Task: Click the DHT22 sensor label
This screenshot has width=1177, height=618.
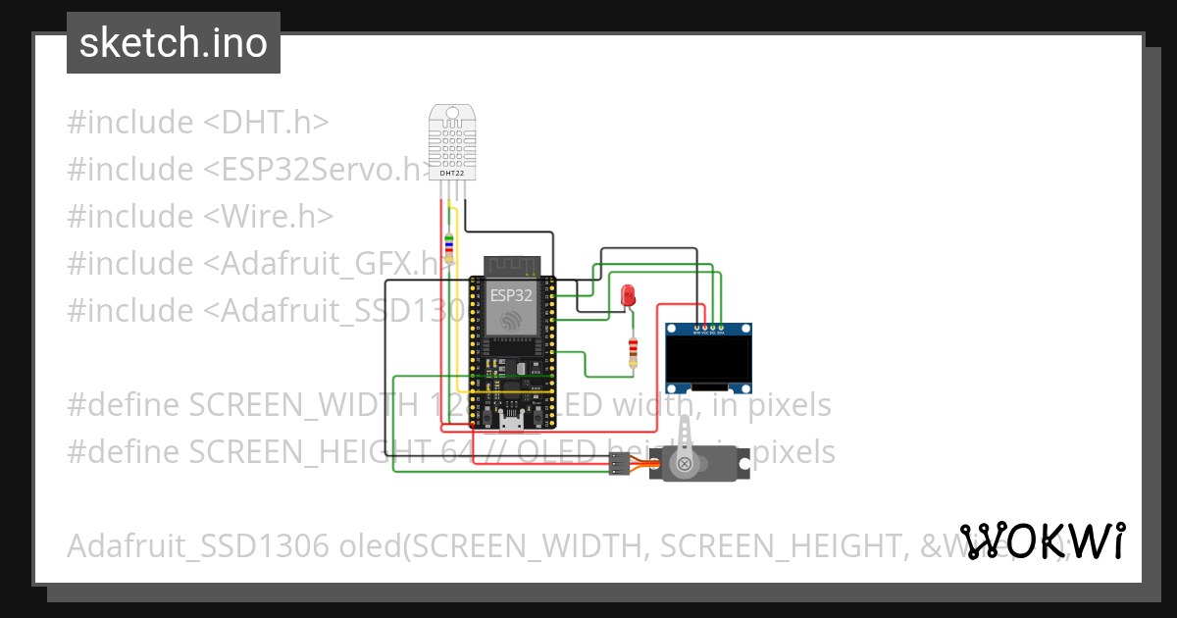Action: point(452,174)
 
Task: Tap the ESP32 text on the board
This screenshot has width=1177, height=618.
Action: point(511,294)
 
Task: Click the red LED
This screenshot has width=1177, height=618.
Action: point(628,292)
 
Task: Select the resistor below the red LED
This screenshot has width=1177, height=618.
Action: point(633,351)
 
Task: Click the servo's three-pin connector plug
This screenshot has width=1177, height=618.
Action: point(618,464)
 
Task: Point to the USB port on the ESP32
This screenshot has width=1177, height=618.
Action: point(511,422)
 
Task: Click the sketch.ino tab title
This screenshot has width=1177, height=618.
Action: point(174,43)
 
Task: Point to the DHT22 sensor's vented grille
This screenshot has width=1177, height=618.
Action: point(452,143)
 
